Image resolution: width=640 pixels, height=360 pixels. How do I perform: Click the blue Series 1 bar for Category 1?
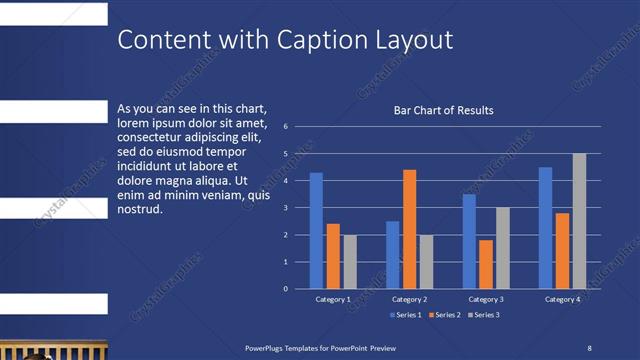tap(316, 230)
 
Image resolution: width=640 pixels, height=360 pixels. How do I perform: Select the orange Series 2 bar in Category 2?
tap(410, 229)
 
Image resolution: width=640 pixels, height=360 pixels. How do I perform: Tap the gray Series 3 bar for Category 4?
tap(579, 221)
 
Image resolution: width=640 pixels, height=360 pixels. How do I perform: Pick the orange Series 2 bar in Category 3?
tap(486, 264)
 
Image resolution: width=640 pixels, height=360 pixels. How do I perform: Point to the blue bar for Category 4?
tap(545, 228)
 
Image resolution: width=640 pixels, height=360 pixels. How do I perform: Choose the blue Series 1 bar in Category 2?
tap(393, 255)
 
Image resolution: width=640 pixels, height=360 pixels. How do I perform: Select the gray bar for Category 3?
tap(503, 248)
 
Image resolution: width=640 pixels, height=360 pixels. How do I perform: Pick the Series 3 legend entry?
tap(483, 315)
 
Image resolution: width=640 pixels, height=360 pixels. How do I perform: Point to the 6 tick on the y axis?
tap(286, 127)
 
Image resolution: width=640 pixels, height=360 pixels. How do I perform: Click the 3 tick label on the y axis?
tap(286, 208)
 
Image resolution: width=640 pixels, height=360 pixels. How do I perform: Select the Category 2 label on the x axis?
tap(409, 299)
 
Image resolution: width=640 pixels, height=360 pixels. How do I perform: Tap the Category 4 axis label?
tap(562, 299)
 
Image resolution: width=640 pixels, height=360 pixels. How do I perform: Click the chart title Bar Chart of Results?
tap(443, 111)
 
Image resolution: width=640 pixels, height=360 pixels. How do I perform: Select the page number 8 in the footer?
tap(589, 347)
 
